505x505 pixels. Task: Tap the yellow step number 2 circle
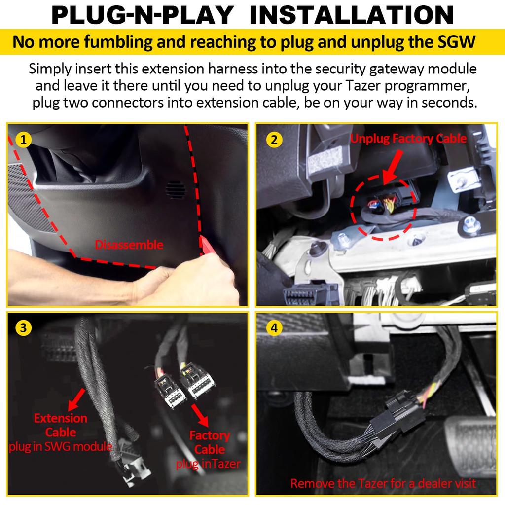274,140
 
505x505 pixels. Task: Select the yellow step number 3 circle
23,328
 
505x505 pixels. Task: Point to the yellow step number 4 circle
274,328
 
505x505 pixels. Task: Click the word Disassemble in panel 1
129,245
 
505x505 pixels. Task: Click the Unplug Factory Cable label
408,139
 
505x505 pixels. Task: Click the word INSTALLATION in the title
352,16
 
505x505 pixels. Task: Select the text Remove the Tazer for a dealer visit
383,483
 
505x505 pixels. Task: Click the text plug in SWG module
60,447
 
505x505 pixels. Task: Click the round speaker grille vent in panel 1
175,188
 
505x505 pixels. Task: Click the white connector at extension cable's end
133,469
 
